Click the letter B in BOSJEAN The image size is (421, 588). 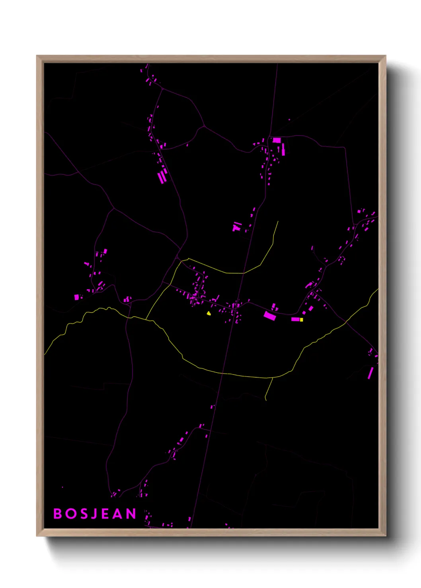coord(57,514)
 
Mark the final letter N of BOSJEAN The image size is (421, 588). coord(131,514)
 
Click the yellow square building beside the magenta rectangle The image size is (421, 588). coord(301,319)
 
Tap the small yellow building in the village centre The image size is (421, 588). coord(209,313)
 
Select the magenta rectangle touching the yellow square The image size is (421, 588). coord(295,319)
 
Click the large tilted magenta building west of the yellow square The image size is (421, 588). coord(270,316)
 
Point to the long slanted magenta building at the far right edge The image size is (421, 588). coord(370,373)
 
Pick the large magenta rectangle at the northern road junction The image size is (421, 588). coord(277,140)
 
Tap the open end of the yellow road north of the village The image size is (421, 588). coord(278,221)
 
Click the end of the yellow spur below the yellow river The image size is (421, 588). coord(266,400)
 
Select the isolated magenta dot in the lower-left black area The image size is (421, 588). coord(62,487)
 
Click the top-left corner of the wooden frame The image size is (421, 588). coord(37,56)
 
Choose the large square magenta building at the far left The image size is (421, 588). coord(76,297)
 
